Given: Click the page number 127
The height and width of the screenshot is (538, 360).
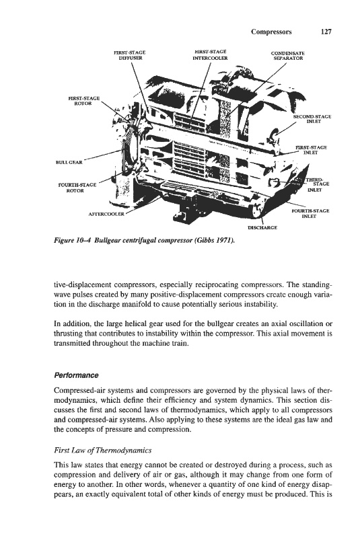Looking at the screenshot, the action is [x=326, y=32].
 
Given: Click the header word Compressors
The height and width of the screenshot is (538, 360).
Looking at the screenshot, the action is [x=271, y=32].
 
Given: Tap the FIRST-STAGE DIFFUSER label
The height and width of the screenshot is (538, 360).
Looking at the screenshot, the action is [x=129, y=55].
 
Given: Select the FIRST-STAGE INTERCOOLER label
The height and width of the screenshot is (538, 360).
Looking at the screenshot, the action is [x=210, y=55].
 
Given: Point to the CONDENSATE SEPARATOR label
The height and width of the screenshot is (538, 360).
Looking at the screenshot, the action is [x=287, y=56].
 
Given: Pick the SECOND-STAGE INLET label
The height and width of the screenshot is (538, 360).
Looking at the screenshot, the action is [x=312, y=119].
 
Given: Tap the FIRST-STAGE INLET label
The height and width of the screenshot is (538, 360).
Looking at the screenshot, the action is [x=311, y=150].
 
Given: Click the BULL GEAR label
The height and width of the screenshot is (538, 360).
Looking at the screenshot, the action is [x=69, y=162].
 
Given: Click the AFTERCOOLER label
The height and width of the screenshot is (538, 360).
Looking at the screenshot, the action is [x=106, y=214].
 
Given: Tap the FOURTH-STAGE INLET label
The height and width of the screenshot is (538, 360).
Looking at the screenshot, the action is [x=310, y=213].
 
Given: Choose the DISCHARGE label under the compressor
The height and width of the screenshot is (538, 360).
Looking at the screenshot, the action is [x=262, y=227].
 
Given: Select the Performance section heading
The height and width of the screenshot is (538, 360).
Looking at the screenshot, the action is [x=77, y=375].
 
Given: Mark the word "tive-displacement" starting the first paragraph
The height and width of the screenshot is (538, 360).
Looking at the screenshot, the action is [x=83, y=285].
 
